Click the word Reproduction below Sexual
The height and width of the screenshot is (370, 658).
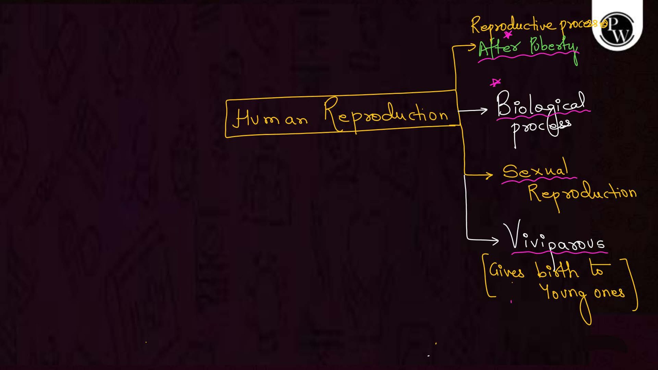pos(582,195)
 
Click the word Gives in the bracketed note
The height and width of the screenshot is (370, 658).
pos(506,271)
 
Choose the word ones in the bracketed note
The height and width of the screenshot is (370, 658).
pos(609,293)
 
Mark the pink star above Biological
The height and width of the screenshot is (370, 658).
pos(495,82)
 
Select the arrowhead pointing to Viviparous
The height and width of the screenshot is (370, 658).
pos(495,240)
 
